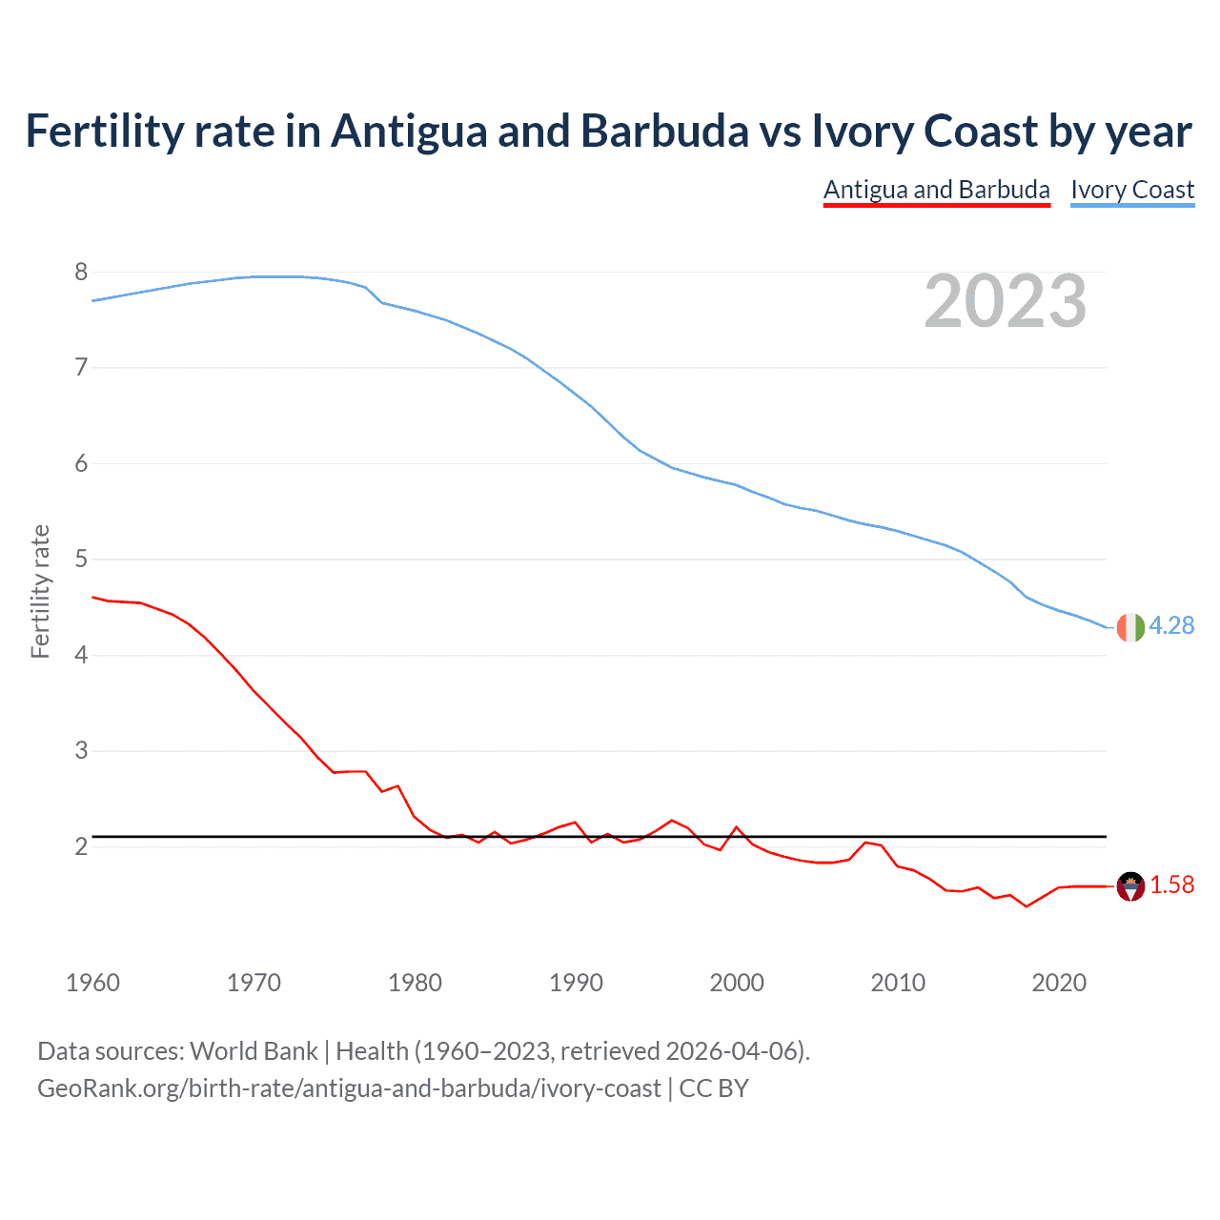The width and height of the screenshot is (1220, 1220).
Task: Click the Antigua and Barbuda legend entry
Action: (936, 190)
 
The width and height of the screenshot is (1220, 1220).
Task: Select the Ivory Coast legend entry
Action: (1132, 190)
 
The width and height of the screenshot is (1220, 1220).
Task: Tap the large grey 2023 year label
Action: (1005, 301)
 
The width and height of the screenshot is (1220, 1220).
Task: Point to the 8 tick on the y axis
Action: (81, 273)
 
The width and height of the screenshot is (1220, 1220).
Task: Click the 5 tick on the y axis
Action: (81, 559)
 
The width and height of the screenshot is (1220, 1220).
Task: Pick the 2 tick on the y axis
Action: (81, 846)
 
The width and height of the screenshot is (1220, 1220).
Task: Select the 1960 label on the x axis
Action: (92, 983)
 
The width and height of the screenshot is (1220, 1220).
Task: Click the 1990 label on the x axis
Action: (576, 983)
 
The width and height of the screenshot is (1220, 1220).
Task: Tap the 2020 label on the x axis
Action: (1059, 983)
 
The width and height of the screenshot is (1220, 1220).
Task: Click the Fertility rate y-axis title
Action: (40, 591)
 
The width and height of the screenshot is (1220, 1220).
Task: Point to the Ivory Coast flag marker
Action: (1129, 627)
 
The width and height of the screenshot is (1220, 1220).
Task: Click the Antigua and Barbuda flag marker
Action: (1129, 886)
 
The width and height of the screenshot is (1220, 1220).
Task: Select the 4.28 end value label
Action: (1171, 626)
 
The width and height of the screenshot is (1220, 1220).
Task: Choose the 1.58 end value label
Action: (1171, 885)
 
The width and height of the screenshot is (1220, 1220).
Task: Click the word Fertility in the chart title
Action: (103, 131)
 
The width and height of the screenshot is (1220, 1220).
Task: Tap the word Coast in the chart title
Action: (982, 131)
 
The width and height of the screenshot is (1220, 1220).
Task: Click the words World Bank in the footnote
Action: (254, 1051)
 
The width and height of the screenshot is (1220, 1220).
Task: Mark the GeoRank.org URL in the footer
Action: (349, 1088)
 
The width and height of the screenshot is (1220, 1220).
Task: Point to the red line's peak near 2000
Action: (736, 827)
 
